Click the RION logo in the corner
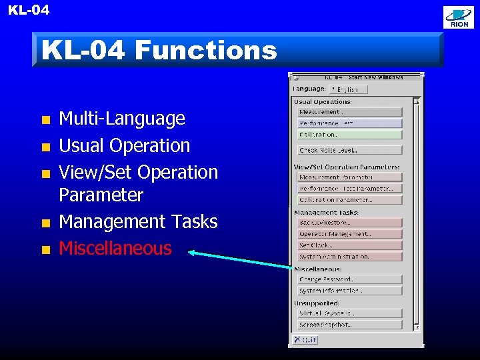(459, 17)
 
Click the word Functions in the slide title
(205, 50)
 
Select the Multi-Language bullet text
(122, 119)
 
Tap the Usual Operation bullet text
(125, 145)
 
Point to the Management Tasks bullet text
(138, 221)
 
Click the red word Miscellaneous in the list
(115, 248)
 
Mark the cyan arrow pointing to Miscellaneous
(240, 260)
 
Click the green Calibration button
(349, 135)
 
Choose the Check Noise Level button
(349, 151)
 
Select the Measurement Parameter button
(349, 177)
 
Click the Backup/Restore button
(349, 223)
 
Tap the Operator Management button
(349, 234)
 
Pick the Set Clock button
(349, 245)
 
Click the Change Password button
(349, 279)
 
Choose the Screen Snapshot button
(349, 325)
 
